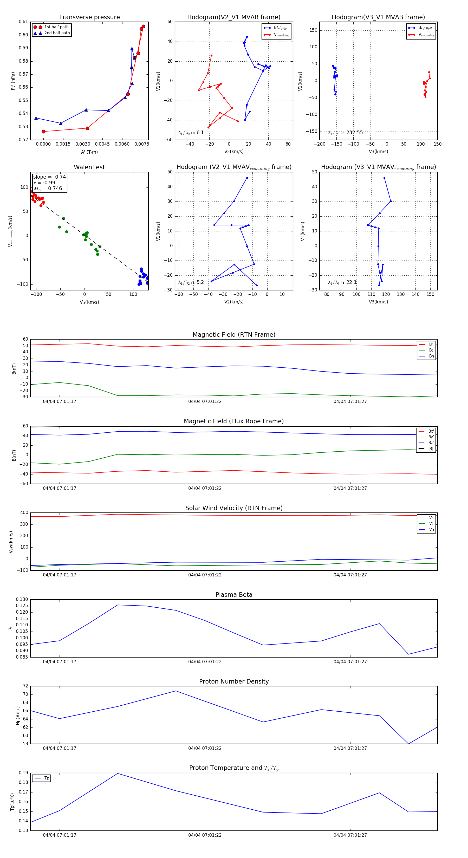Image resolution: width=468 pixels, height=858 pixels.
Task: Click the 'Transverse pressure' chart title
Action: pyautogui.click(x=89, y=17)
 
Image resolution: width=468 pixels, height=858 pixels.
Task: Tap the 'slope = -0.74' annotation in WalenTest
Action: pyautogui.click(x=49, y=177)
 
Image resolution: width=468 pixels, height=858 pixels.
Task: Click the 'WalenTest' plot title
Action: pyautogui.click(x=89, y=167)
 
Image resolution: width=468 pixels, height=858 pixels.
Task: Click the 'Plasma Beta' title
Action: pyautogui.click(x=234, y=595)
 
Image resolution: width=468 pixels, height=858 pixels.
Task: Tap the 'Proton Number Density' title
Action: pyautogui.click(x=234, y=681)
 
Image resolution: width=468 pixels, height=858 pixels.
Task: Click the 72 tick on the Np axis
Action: pyautogui.click(x=25, y=686)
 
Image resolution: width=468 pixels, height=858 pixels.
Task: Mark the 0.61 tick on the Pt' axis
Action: pyautogui.click(x=23, y=22)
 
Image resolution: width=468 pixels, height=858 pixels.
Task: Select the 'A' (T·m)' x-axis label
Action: pyautogui.click(x=89, y=152)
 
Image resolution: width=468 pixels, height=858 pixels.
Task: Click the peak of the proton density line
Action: pyautogui.click(x=176, y=691)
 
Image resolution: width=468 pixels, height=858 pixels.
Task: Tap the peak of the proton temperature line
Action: pyautogui.click(x=118, y=773)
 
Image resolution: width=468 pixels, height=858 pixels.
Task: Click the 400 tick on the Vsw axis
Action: pyautogui.click(x=24, y=513)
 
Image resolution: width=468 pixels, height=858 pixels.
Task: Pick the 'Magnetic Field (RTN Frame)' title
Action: pyautogui.click(x=234, y=335)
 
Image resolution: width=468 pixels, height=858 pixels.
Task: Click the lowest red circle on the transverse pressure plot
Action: pyautogui.click(x=44, y=132)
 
